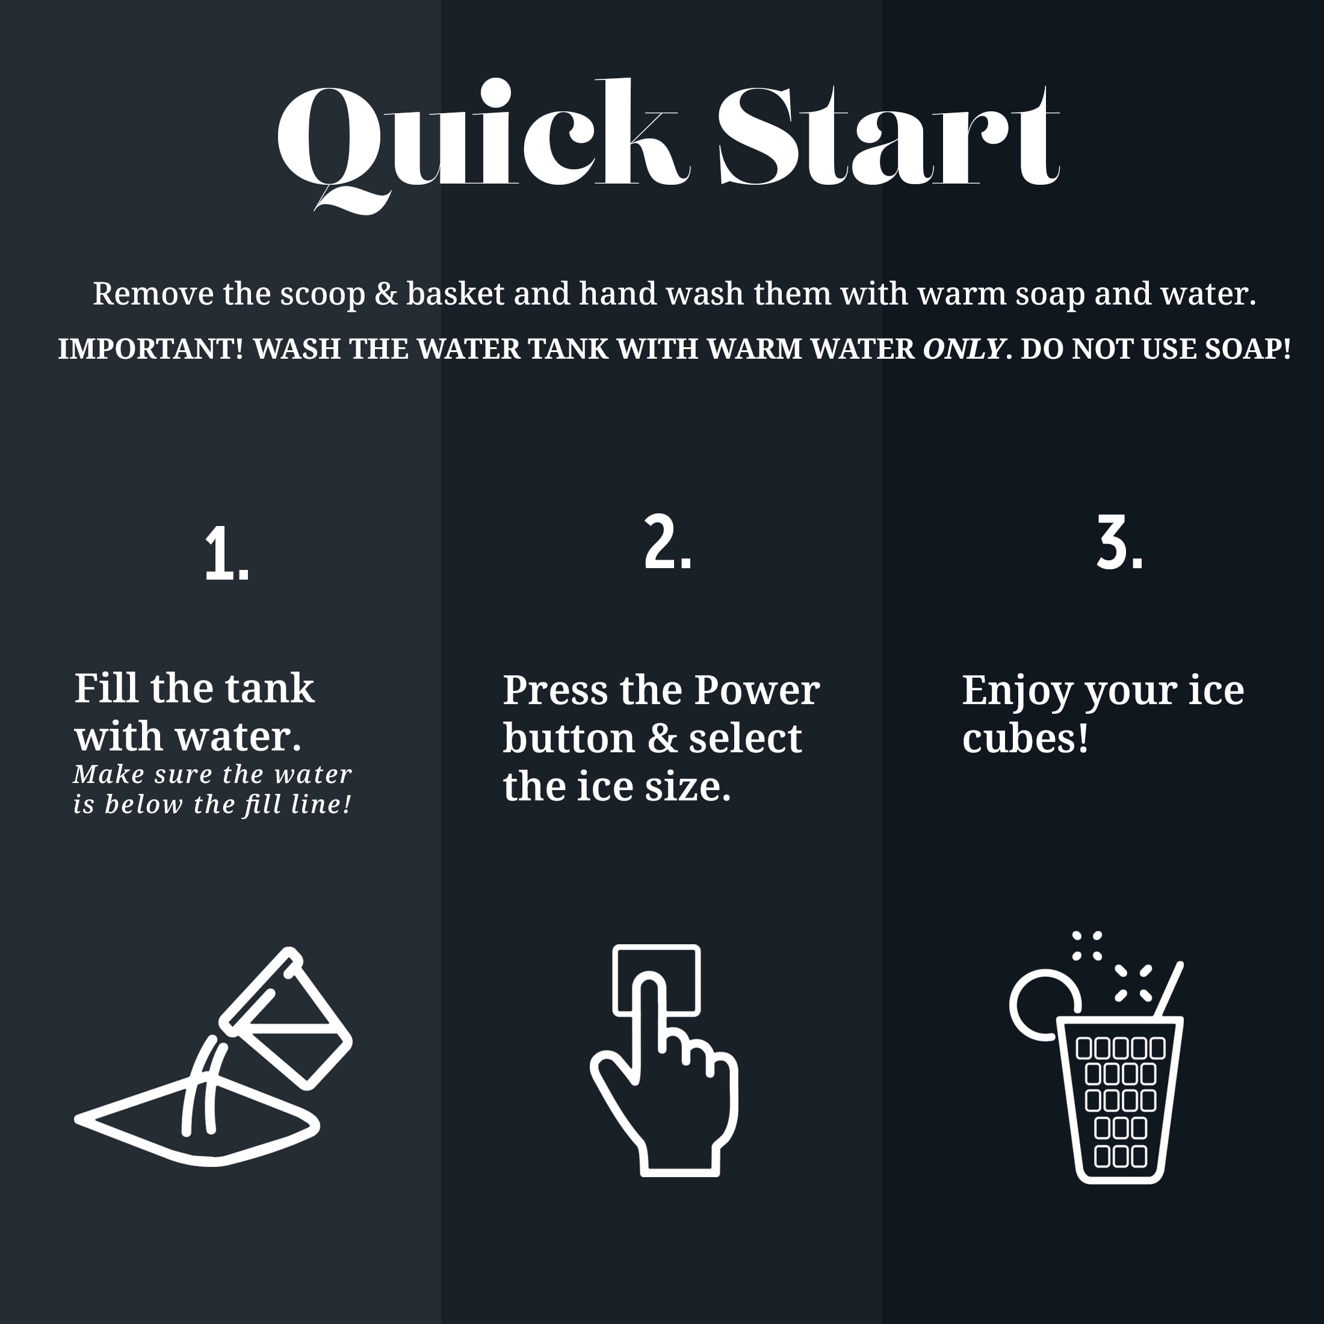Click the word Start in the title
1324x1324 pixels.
point(889,135)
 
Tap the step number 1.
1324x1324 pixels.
point(227,554)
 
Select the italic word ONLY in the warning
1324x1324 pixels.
point(964,349)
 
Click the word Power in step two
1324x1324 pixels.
point(756,690)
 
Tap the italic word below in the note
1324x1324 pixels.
point(143,804)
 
